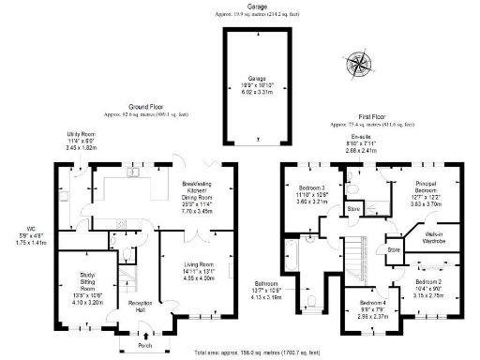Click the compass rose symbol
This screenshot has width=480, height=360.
coord(361,64)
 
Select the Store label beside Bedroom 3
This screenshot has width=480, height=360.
coord(354,208)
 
